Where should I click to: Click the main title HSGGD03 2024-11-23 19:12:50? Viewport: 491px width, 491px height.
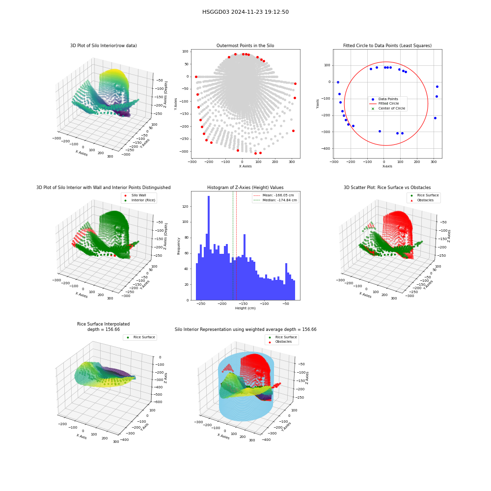point(245,12)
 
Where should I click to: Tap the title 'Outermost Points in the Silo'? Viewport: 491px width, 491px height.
point(245,46)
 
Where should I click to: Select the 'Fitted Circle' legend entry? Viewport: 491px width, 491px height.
point(384,103)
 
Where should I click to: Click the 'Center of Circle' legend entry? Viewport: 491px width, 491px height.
point(387,109)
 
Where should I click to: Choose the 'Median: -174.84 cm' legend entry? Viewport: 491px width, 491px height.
point(275,200)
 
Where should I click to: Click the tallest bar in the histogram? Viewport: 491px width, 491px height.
point(209,248)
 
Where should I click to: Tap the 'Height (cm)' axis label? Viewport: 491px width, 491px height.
point(245,308)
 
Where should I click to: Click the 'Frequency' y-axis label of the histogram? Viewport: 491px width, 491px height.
point(179,246)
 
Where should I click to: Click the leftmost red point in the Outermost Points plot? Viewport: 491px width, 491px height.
point(196,77)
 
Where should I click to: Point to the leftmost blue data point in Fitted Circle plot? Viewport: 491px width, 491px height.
point(338,82)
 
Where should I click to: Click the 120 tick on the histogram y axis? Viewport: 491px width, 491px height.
point(186,206)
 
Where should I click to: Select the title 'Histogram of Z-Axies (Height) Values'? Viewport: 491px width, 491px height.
point(245,188)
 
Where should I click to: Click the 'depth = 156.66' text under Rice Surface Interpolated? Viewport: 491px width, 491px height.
point(103,329)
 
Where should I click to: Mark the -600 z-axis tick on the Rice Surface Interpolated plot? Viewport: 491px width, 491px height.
point(158,402)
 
